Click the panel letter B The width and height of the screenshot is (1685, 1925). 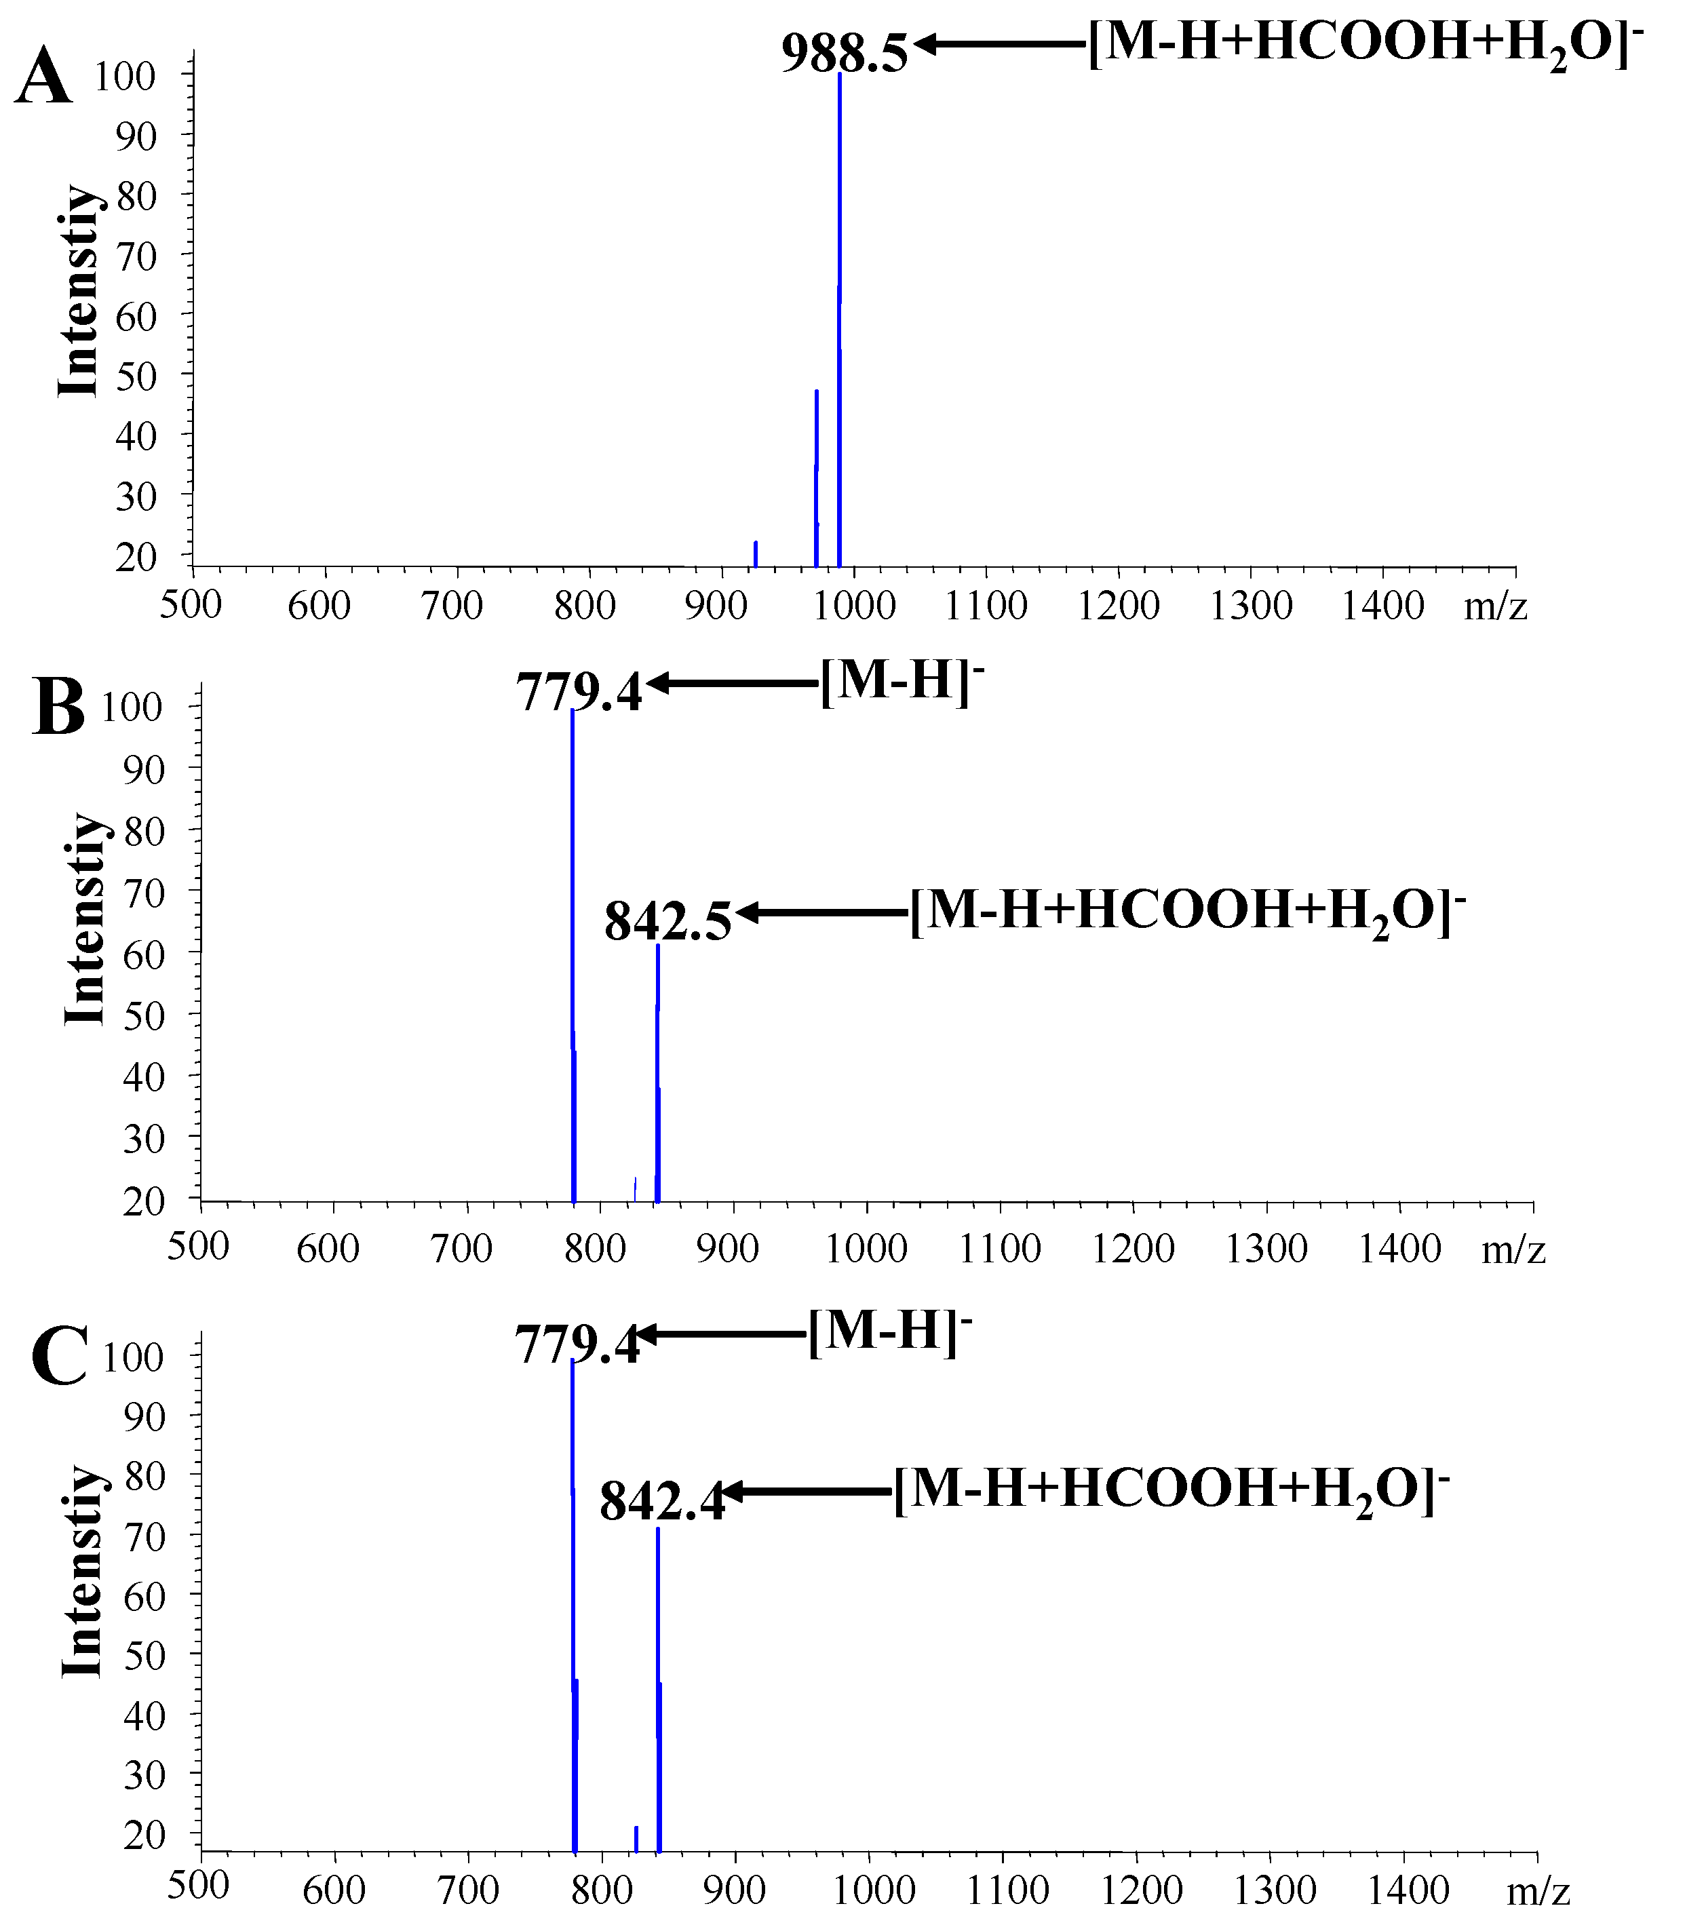58,707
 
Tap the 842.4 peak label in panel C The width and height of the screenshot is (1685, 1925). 662,1502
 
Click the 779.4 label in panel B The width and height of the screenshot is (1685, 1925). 578,693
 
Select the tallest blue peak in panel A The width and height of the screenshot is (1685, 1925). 838,319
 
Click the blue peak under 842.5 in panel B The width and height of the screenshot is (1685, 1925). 657,1072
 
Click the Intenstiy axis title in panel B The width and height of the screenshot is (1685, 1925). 85,919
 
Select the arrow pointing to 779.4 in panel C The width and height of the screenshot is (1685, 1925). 719,1334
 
